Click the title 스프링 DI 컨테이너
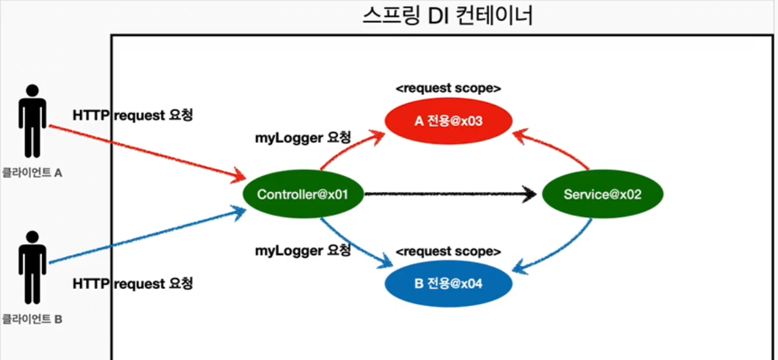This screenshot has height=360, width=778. click(448, 15)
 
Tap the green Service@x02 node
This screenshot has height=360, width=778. click(602, 195)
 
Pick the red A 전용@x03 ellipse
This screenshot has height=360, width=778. click(448, 121)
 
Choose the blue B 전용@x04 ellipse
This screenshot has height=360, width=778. click(448, 283)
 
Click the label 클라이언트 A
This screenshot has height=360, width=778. click(32, 173)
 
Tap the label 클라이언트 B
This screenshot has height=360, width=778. click(32, 318)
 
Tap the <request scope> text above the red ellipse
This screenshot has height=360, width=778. click(448, 89)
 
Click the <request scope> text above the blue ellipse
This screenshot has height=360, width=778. click(448, 252)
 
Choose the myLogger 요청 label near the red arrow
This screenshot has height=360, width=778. click(303, 138)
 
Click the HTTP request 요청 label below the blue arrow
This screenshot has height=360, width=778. click(133, 284)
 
